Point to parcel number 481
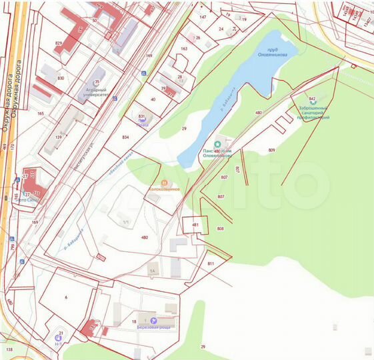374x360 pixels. [x=195, y=225]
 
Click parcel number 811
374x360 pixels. [x=211, y=264]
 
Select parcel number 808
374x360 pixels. [x=220, y=229]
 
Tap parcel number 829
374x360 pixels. [x=59, y=43]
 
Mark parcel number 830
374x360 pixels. [x=61, y=78]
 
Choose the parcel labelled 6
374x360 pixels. [x=66, y=297]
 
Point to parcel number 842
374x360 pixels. [x=312, y=99]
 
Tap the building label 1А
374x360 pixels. [x=152, y=271]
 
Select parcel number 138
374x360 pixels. [x=9, y=349]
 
